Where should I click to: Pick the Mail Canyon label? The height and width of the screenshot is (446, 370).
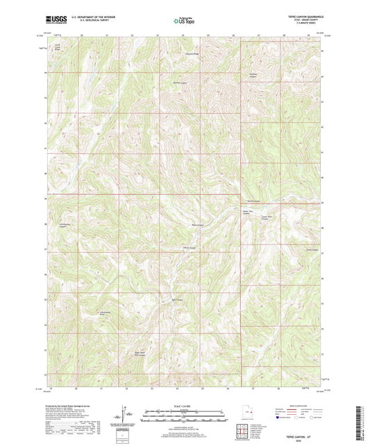(177, 300)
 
